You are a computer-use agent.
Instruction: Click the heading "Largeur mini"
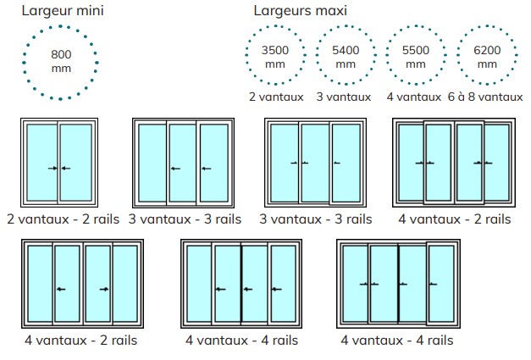[63, 10]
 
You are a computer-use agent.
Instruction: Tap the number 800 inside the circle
[61, 54]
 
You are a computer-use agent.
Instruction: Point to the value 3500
[275, 50]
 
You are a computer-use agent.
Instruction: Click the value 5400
[346, 50]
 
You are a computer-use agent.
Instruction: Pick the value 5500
[416, 50]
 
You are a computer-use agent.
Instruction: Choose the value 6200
[487, 50]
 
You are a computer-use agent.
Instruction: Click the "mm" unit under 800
[61, 69]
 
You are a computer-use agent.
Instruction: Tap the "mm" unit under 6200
[487, 64]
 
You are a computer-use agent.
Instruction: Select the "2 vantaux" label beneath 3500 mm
[276, 97]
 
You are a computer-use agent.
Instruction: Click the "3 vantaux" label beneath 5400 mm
[344, 97]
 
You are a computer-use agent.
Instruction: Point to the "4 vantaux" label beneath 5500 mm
[414, 97]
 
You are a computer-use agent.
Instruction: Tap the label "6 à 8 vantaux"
[485, 97]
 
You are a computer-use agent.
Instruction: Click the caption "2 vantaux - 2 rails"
[63, 219]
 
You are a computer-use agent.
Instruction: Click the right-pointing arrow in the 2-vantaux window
[53, 169]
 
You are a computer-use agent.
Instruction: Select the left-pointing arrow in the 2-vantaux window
[66, 169]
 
